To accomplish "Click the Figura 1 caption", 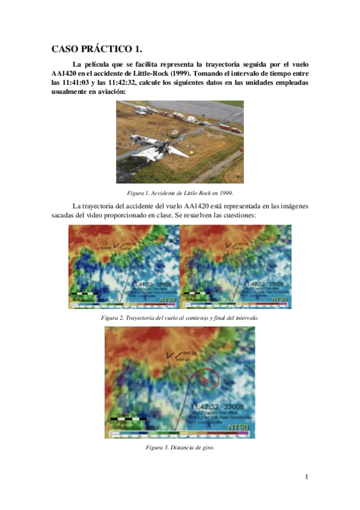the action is (180, 192).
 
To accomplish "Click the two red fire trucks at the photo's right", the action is (230, 127).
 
